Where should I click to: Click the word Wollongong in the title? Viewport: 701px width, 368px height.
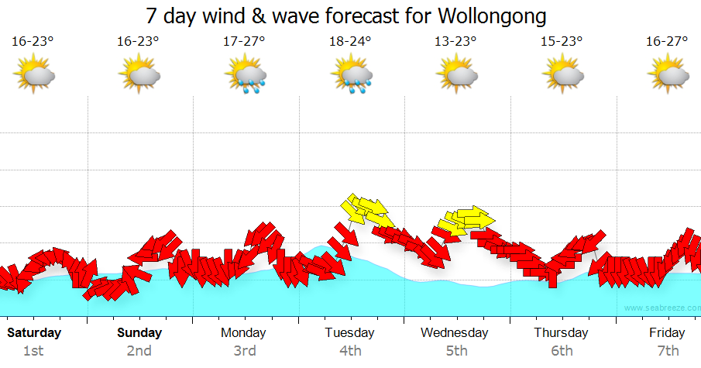point(491,16)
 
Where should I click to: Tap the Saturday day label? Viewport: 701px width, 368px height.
point(33,333)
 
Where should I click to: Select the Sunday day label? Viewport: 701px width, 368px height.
point(139,333)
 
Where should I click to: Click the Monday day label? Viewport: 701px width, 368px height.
point(243,333)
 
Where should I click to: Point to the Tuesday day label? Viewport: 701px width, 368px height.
point(349,333)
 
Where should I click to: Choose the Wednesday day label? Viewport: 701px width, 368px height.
point(455,333)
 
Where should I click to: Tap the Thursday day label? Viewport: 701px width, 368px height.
point(561,333)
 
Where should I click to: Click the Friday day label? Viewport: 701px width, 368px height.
point(667,333)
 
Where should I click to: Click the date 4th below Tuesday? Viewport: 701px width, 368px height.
point(350,351)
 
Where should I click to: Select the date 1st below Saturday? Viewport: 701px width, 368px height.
point(33,351)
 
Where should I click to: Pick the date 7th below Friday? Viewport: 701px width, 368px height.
point(668,351)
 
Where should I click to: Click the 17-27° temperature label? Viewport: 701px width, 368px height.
point(244,42)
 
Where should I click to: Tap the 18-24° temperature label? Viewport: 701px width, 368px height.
point(350,42)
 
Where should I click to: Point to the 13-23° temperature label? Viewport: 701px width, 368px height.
point(455,42)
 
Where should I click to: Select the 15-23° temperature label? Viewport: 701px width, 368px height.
point(562,42)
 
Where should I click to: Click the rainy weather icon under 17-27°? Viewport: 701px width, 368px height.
point(245,76)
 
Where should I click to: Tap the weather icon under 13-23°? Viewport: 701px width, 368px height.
point(456,75)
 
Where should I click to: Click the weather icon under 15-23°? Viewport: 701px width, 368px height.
point(562,75)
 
